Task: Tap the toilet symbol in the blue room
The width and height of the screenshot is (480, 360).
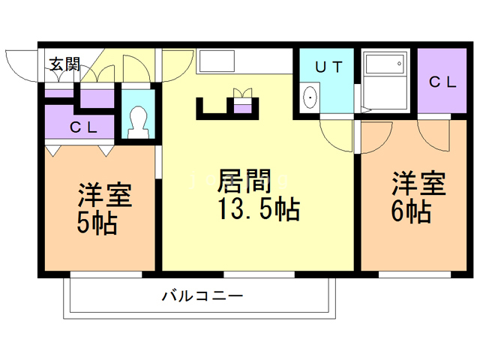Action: pyautogui.click(x=137, y=120)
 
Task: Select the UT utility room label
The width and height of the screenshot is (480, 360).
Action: pyautogui.click(x=328, y=67)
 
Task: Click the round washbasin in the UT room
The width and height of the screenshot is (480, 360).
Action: pyautogui.click(x=309, y=97)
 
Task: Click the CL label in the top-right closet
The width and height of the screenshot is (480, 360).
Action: pyautogui.click(x=442, y=82)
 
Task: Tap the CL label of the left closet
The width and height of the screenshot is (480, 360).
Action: pyautogui.click(x=83, y=127)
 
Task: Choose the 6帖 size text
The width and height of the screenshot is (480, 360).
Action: pyautogui.click(x=410, y=211)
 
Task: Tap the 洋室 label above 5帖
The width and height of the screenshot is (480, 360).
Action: pyautogui.click(x=105, y=195)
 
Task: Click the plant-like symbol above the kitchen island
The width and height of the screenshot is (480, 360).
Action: pyautogui.click(x=243, y=93)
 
